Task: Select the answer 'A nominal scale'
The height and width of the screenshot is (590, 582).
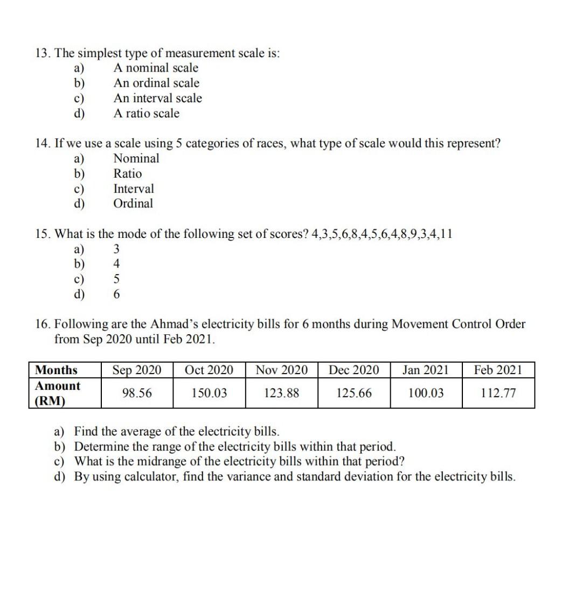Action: [x=156, y=68]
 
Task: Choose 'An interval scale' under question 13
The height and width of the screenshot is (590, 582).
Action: [x=157, y=98]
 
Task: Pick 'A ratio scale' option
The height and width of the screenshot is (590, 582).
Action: [x=146, y=114]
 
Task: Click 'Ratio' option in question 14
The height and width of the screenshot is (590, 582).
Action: [x=128, y=173]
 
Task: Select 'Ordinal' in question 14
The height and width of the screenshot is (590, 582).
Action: [x=133, y=203]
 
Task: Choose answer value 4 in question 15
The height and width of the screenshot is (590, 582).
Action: [x=116, y=264]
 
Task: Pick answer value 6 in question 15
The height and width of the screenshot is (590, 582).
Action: [x=116, y=294]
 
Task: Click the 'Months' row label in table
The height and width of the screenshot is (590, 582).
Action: [x=56, y=370]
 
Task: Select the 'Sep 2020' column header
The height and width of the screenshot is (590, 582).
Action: [x=137, y=370]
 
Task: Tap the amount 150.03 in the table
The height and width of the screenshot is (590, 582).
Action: [x=209, y=394]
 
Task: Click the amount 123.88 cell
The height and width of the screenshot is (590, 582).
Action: [x=281, y=394]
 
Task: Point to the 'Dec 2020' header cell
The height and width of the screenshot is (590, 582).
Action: [x=354, y=370]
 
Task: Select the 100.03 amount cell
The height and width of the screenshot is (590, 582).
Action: [x=426, y=394]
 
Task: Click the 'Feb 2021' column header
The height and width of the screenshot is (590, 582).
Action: [x=498, y=370]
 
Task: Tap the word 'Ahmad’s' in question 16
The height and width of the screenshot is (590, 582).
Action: [x=170, y=324]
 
